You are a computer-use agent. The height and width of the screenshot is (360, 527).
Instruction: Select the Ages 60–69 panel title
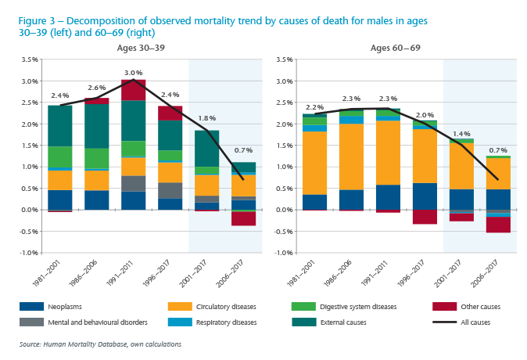pyautogui.click(x=395, y=49)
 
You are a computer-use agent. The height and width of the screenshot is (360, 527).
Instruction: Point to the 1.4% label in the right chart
pyautogui.click(x=461, y=134)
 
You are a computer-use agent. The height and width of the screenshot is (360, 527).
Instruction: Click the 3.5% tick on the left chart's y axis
pyautogui.click(x=30, y=59)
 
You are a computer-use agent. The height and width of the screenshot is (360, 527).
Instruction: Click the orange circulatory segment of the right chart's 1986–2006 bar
pyautogui.click(x=352, y=157)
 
